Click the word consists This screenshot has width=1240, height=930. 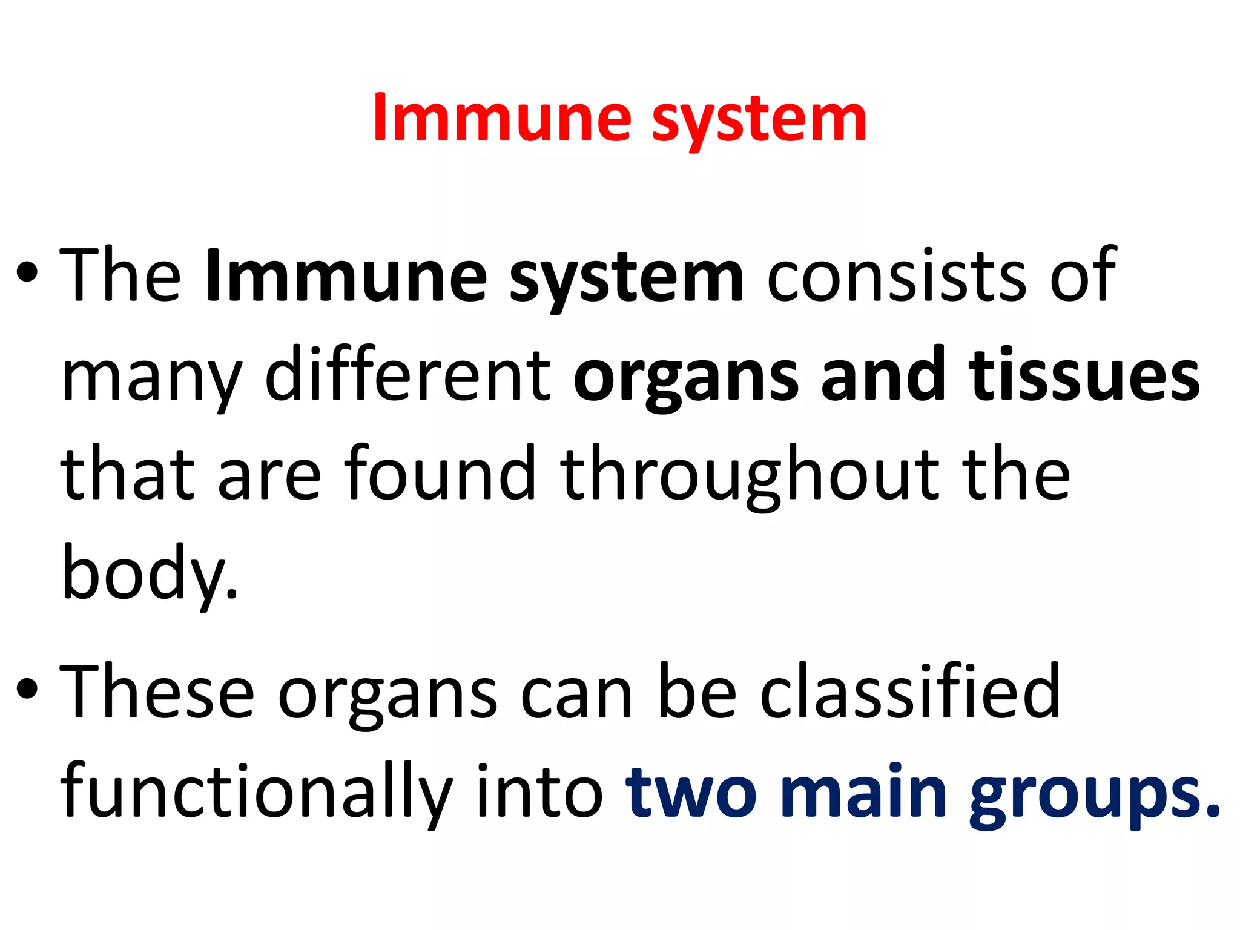click(897, 276)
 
